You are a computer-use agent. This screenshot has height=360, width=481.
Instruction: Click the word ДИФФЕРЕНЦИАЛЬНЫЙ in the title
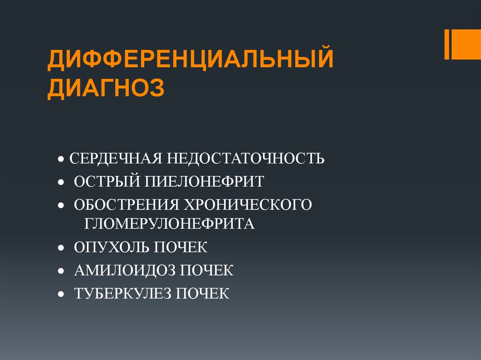190,61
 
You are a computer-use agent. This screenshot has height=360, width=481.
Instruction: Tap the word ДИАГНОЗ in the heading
106,88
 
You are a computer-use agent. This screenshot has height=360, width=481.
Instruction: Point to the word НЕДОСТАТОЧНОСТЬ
245,158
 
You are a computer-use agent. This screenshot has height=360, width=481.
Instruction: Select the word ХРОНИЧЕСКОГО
248,205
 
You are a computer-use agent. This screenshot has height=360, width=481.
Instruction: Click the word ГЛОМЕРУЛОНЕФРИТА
170,223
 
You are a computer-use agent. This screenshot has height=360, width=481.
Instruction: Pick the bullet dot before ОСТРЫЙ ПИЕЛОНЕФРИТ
62,182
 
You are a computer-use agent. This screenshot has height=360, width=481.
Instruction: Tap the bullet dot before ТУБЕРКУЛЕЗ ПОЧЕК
62,295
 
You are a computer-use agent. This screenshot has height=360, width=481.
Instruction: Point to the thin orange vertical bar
447,45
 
